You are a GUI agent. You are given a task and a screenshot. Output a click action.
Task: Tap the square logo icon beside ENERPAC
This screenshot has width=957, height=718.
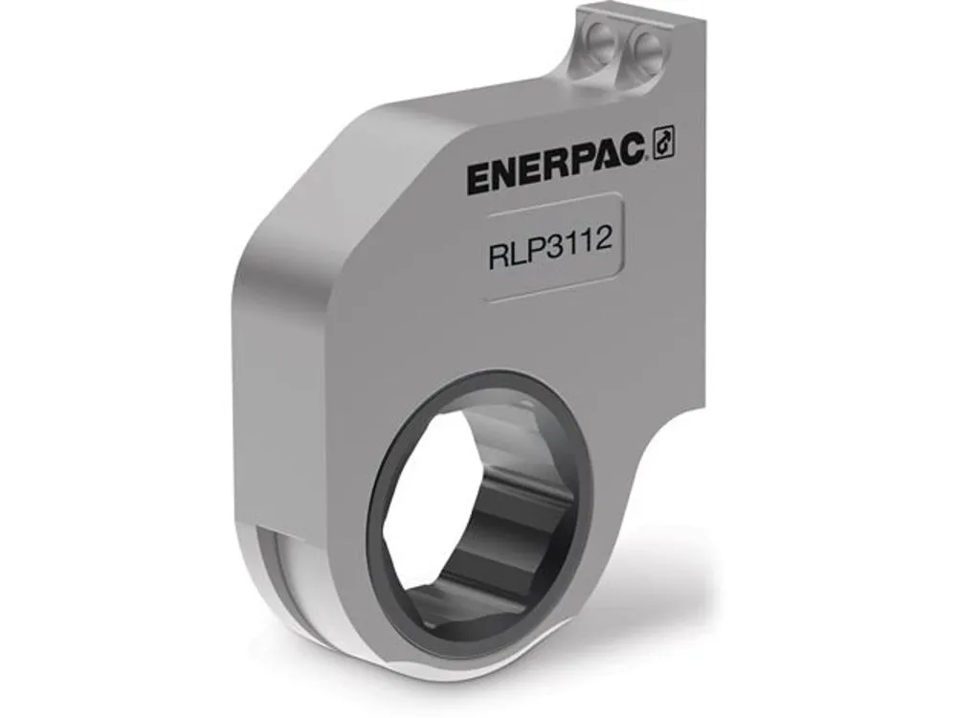click(x=664, y=143)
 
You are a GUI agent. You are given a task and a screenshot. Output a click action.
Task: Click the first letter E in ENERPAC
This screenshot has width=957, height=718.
click(x=478, y=179)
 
